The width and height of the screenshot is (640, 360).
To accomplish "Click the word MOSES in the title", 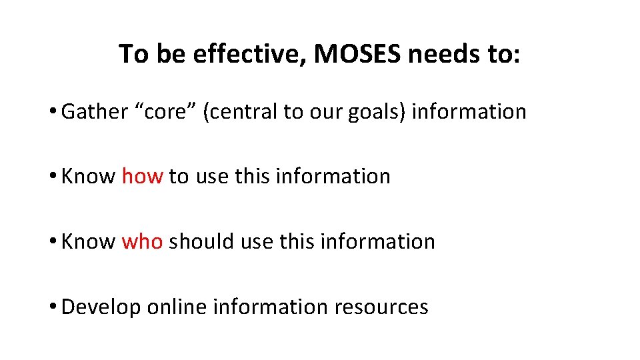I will (x=357, y=54).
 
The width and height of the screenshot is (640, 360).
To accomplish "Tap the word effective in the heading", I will (x=248, y=54).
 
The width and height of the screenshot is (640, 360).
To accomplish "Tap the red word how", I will (x=142, y=176).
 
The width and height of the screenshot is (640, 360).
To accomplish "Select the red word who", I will (x=142, y=241).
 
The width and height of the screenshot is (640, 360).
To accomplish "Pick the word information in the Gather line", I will (x=469, y=111).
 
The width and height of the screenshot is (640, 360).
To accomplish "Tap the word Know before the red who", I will (x=88, y=241).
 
